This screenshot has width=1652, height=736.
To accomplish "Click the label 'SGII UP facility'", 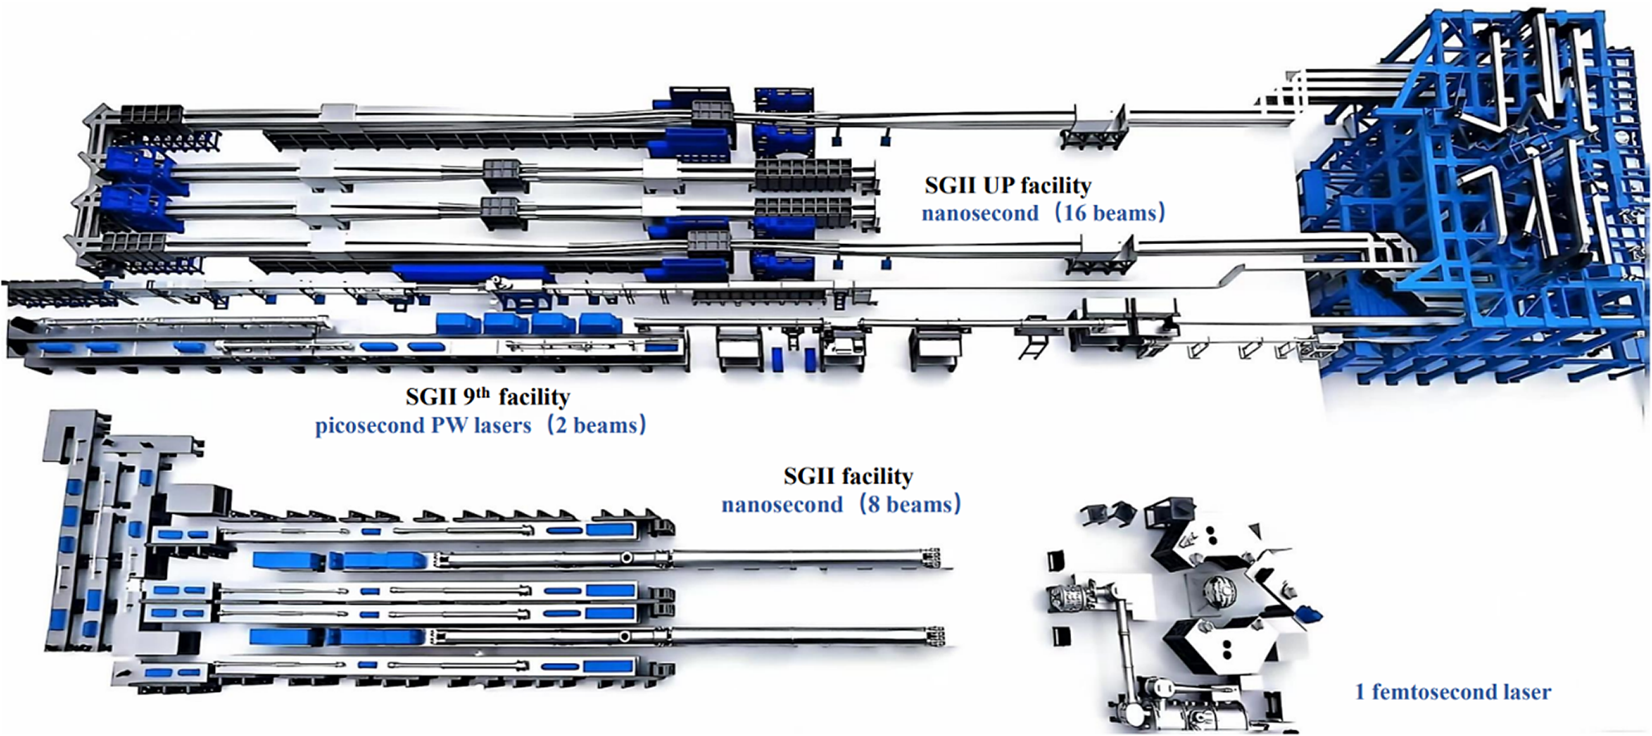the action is (1008, 186).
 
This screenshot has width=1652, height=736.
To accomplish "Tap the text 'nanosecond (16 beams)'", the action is (1043, 213).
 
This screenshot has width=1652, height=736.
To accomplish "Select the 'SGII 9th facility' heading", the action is (488, 396).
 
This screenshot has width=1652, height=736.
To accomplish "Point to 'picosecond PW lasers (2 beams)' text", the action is (481, 425).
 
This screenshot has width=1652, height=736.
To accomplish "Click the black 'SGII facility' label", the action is (848, 477).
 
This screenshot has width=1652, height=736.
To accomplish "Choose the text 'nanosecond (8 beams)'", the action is (841, 505).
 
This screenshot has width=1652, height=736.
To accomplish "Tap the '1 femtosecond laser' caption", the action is (1453, 692).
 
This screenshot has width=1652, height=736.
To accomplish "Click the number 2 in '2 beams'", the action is (562, 425).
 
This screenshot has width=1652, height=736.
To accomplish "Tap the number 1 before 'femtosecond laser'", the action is (1360, 692).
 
